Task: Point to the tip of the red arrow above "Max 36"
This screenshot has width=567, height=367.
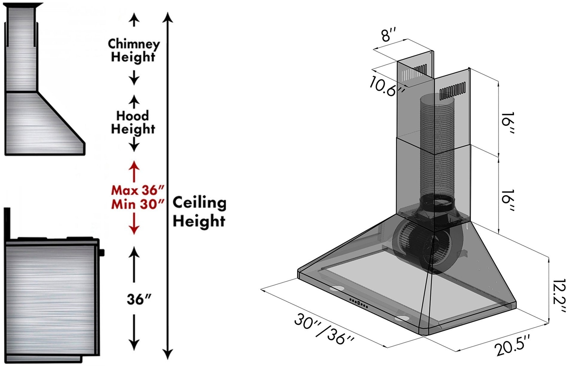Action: point(134,161)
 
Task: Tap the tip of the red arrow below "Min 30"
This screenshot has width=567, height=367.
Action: point(134,234)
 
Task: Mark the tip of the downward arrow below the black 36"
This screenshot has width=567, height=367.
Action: point(134,351)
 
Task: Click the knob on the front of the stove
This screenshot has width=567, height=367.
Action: point(102,252)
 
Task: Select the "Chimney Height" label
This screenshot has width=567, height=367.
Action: point(134,50)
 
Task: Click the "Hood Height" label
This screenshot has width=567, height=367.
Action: point(133,122)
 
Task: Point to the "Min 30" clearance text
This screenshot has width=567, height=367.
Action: point(138,205)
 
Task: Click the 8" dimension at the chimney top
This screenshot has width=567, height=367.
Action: point(389,35)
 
